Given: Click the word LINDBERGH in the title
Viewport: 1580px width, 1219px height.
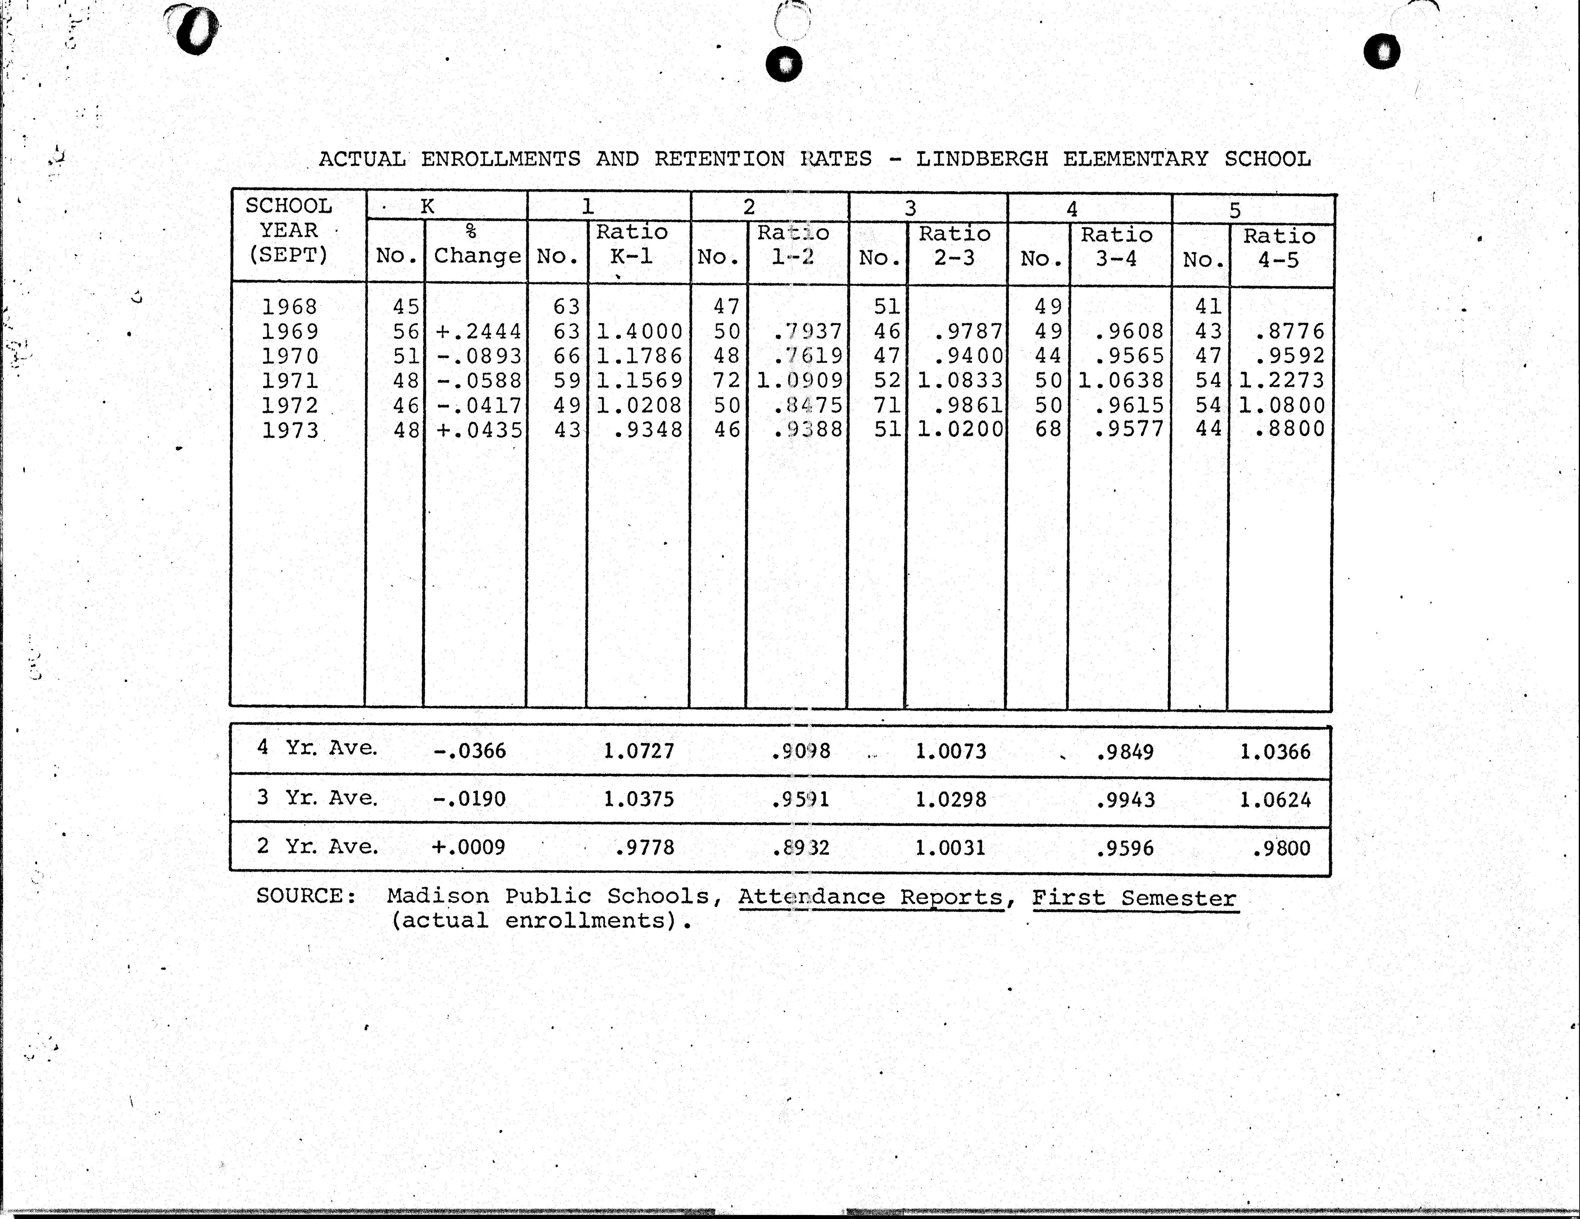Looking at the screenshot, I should [982, 159].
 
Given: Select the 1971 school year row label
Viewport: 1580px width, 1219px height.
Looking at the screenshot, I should [289, 381].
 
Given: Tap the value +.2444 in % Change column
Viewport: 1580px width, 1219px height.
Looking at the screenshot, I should [478, 331].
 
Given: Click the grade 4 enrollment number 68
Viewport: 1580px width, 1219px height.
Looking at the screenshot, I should [1048, 429].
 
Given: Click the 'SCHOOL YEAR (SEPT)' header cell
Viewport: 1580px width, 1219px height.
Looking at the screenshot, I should [289, 230].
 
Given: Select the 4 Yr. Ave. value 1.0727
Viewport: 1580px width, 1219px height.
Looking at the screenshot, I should [639, 751].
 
